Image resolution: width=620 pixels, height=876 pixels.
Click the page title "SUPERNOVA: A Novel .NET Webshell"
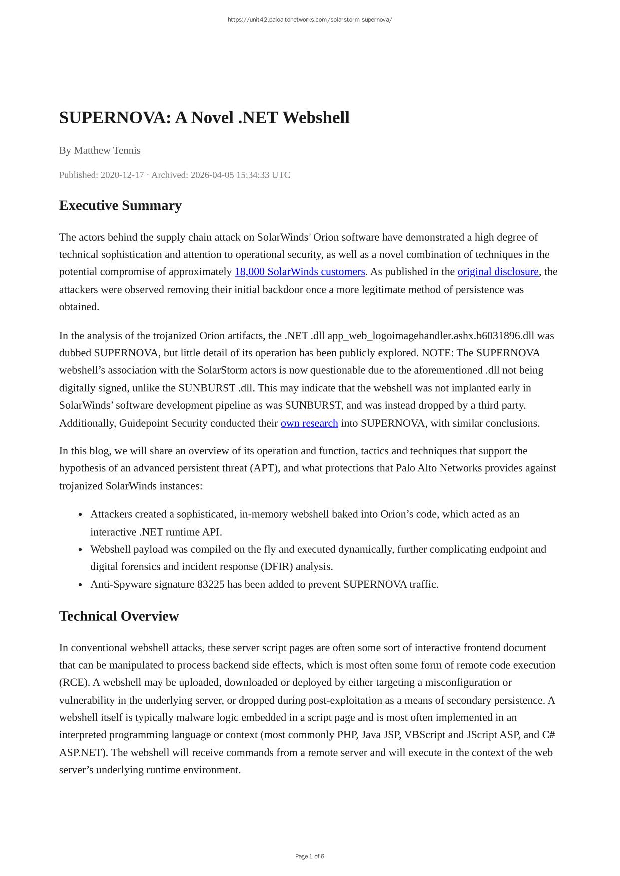(x=204, y=118)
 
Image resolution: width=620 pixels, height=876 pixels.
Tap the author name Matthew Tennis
(x=107, y=150)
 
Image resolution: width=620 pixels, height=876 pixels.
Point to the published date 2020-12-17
(x=122, y=175)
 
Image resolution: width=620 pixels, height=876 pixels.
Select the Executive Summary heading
(x=120, y=205)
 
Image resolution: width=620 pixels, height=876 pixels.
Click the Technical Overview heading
(x=119, y=616)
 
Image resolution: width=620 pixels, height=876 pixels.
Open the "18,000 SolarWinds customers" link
(x=300, y=272)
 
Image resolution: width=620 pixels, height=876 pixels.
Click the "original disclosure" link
(x=498, y=272)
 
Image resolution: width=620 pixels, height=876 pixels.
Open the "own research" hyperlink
(x=309, y=423)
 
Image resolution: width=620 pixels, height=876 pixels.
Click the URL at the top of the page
(x=310, y=20)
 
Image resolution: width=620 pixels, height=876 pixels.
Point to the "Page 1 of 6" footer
(x=310, y=856)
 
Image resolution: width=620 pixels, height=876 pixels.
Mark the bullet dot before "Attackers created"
(x=80, y=515)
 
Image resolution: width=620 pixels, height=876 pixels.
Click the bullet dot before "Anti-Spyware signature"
(x=80, y=585)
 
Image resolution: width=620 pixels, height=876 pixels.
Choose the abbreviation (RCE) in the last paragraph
(x=73, y=682)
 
